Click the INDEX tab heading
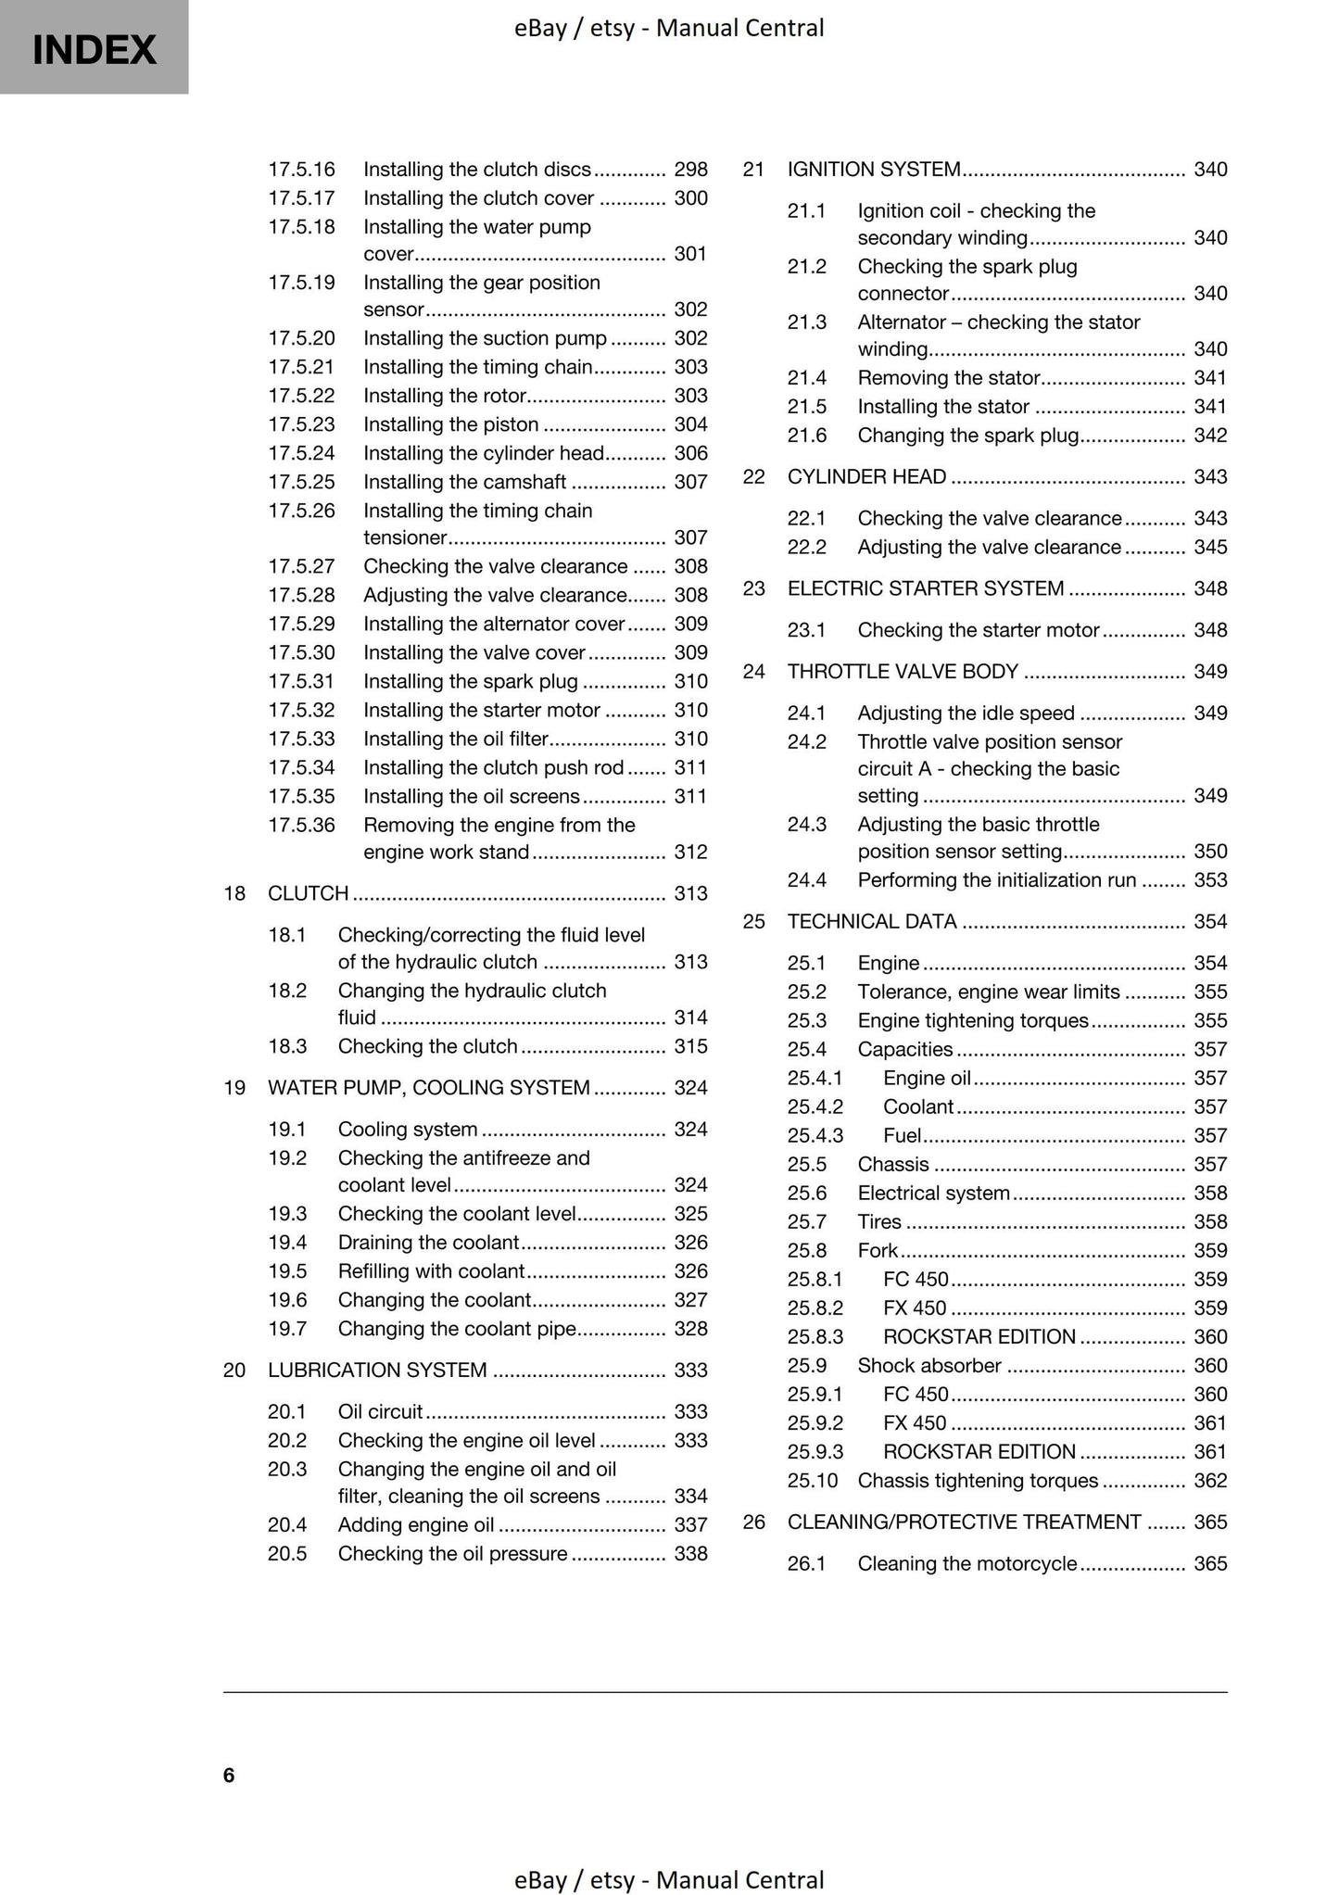click(x=94, y=49)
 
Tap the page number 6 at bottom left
click(x=229, y=1775)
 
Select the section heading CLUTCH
click(x=308, y=893)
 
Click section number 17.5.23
click(x=301, y=424)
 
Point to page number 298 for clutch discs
click(x=690, y=170)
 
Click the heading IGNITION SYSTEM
click(x=873, y=170)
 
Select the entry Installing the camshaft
click(x=463, y=482)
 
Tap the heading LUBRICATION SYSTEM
click(x=377, y=1370)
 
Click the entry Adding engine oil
click(x=415, y=1524)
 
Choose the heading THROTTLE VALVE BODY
click(x=903, y=671)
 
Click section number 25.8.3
click(x=815, y=1336)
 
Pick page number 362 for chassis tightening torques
click(x=1210, y=1480)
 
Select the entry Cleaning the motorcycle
click(x=966, y=1563)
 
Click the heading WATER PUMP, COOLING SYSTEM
click(x=428, y=1087)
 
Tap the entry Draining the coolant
click(x=427, y=1242)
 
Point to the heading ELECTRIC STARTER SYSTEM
click(x=925, y=588)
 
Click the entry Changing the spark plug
click(x=967, y=435)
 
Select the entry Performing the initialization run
click(x=996, y=879)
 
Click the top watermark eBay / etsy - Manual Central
click(x=669, y=28)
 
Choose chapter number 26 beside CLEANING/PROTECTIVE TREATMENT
click(x=753, y=1522)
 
